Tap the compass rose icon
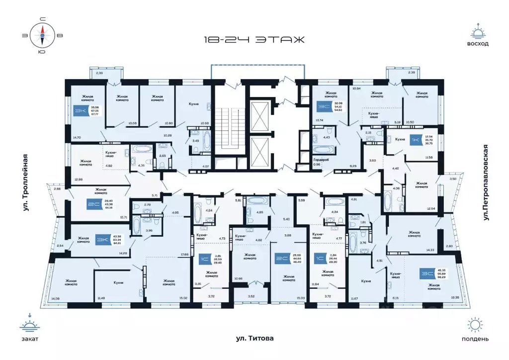coord(43,34)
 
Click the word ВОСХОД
coord(478,44)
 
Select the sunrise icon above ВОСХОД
coord(478,31)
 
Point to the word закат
coord(30,339)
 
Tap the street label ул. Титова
coord(255,339)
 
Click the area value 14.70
coord(77,137)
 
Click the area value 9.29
coord(353,165)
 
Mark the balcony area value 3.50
coord(453,179)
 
